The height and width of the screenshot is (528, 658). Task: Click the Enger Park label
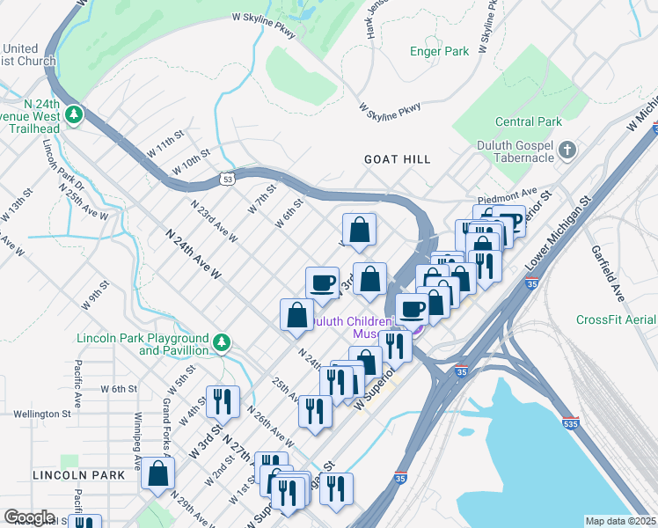click(445, 52)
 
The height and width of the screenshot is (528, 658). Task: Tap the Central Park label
click(528, 121)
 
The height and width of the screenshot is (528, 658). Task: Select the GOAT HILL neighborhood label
click(398, 159)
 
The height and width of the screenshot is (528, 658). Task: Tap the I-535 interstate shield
click(570, 423)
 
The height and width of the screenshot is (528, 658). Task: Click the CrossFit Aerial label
click(616, 319)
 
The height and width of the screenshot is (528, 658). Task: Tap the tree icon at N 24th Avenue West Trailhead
click(75, 115)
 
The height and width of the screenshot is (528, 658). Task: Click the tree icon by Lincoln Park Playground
click(223, 342)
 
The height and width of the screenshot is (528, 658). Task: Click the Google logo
click(29, 517)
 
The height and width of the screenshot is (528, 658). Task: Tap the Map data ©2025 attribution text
click(620, 521)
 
